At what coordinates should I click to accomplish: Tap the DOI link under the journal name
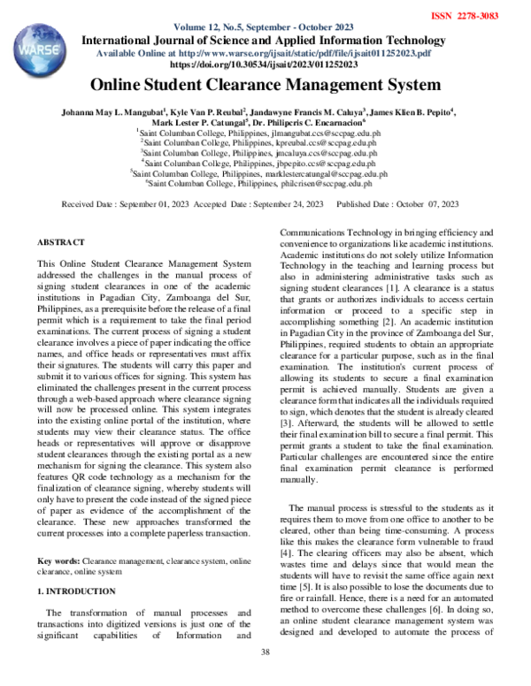point(263,65)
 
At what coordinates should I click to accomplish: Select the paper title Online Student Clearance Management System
point(265,86)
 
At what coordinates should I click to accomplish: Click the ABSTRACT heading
point(61,241)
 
